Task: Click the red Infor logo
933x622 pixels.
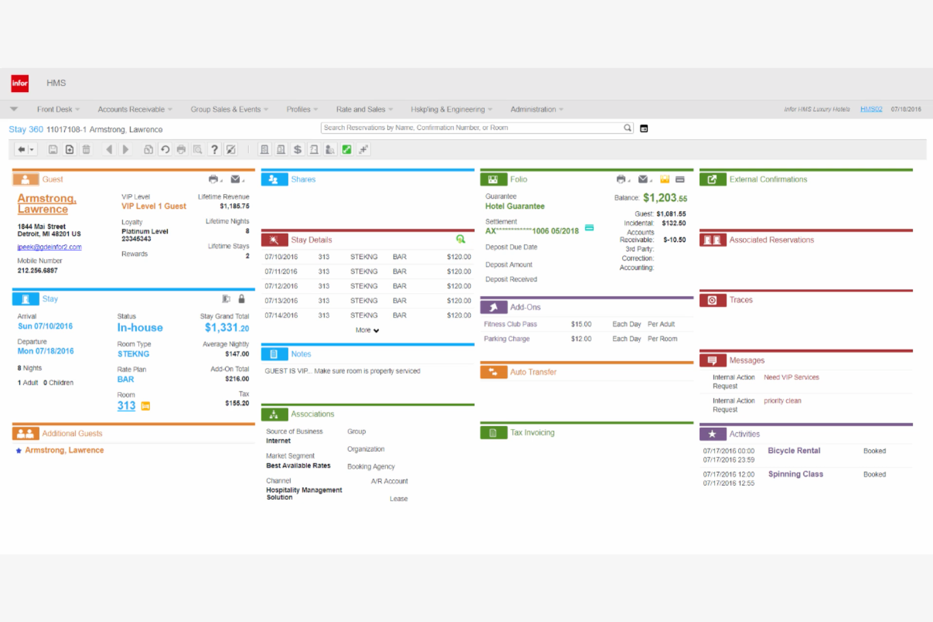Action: tap(20, 83)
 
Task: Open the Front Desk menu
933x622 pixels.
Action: tap(55, 110)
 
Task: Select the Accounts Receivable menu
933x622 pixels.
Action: tap(131, 110)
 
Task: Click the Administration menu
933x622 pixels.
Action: tap(533, 110)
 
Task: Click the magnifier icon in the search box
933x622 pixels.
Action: tap(627, 128)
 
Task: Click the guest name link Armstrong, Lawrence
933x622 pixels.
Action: tap(46, 204)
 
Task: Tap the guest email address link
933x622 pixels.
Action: tap(49, 247)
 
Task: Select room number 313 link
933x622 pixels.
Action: tap(126, 406)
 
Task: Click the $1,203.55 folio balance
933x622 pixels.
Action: tap(664, 198)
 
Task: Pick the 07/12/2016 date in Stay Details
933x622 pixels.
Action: tap(281, 286)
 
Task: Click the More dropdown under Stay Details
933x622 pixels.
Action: tap(367, 330)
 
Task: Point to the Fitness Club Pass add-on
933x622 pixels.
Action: tap(511, 325)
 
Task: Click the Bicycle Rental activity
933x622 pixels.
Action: tap(794, 451)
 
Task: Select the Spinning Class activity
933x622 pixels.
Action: tap(795, 474)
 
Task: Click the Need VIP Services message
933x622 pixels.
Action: tap(791, 377)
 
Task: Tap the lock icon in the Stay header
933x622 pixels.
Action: tap(241, 299)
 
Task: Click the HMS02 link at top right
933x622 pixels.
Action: tap(871, 109)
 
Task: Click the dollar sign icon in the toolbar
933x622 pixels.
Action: tap(298, 149)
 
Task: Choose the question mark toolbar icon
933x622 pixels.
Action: tap(214, 149)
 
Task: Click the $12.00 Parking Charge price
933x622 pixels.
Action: tap(581, 339)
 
